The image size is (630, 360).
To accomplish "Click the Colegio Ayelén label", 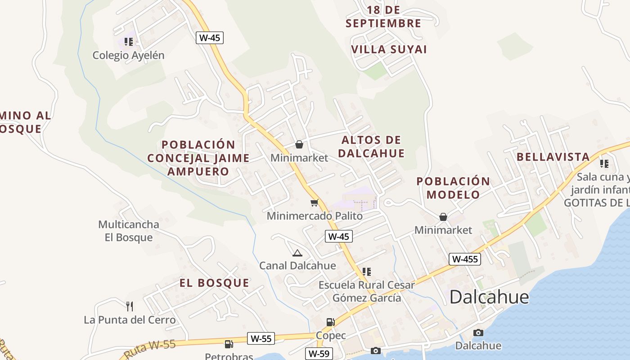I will (128, 55).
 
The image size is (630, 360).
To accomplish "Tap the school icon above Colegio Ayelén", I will (129, 42).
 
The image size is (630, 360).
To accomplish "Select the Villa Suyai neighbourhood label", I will (389, 49).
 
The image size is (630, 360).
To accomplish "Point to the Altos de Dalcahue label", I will (371, 147).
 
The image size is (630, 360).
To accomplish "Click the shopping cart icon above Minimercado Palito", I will (315, 203).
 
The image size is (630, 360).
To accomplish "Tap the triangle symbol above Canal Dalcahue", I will (297, 253).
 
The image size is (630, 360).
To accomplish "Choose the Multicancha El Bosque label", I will (129, 231).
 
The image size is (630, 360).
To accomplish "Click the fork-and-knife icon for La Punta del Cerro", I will (130, 306).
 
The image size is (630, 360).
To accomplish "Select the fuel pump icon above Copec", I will (330, 322).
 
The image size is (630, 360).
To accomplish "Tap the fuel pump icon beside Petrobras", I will (229, 344).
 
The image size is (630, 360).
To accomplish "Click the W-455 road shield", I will (465, 259).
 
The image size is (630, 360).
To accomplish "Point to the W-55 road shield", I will (261, 338).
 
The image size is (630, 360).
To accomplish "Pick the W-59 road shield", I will (319, 354).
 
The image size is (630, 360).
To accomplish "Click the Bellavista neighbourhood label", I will (553, 157).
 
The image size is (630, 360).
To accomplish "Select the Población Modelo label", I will (453, 188).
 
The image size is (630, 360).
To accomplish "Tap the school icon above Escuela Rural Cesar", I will (367, 271).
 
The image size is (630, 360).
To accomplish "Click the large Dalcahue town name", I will (489, 297).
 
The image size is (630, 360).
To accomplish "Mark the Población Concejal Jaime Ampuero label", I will (198, 158).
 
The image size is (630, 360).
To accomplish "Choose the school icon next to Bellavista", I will (604, 163).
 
